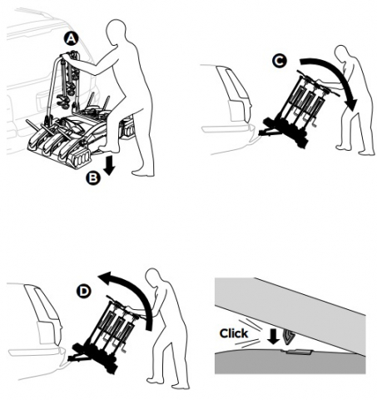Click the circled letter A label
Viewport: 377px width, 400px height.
[x=71, y=38]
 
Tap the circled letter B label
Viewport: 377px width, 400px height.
[x=93, y=177]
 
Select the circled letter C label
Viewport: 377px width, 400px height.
[x=279, y=61]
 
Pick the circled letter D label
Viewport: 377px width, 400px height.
[x=83, y=292]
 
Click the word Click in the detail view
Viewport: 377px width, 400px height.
[x=234, y=333]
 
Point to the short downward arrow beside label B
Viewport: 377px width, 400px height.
[x=110, y=165]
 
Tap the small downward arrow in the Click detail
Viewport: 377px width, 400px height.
[x=274, y=337]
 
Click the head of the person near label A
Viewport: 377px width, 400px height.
[x=116, y=31]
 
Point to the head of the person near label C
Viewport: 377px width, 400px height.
[x=342, y=54]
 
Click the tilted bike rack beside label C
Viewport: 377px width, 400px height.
[x=294, y=111]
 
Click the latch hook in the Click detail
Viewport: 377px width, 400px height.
[x=288, y=335]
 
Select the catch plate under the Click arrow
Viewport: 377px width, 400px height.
[x=298, y=352]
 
